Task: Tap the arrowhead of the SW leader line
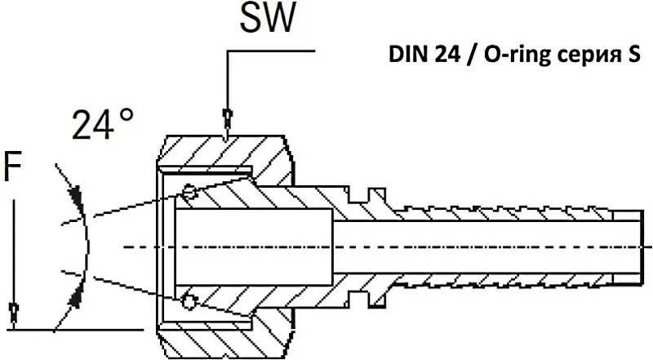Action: point(228,118)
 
